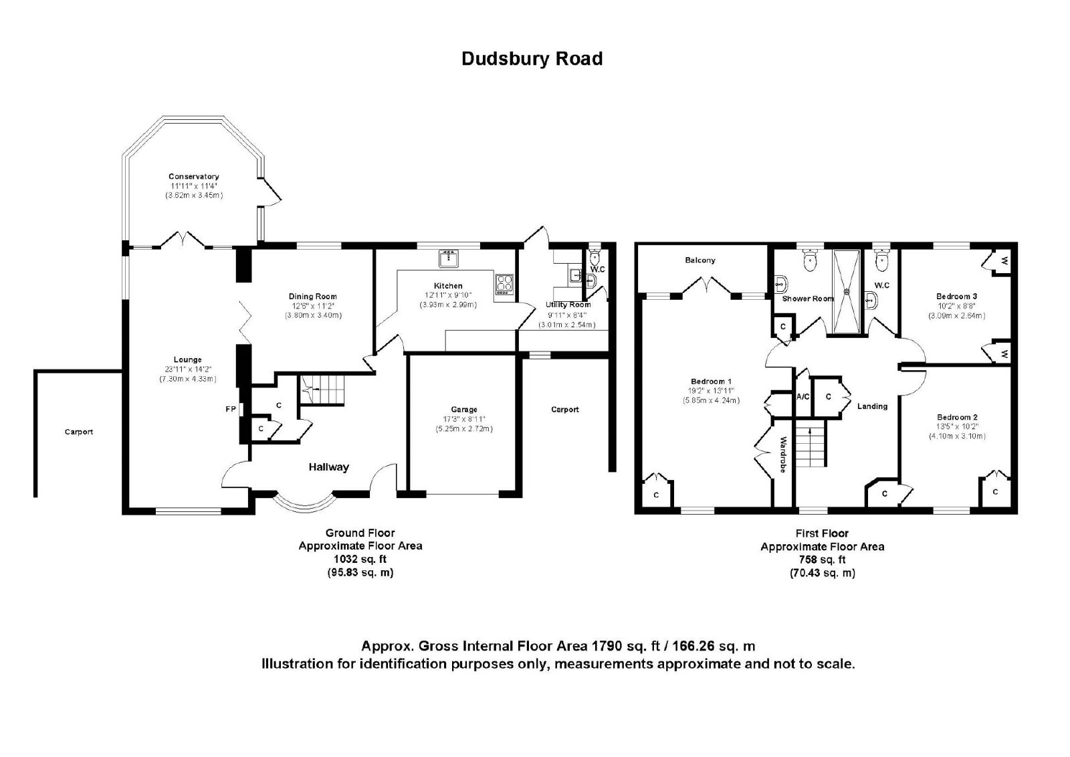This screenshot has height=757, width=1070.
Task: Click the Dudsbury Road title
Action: click(x=532, y=59)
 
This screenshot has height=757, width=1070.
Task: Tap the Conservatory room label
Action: click(x=193, y=177)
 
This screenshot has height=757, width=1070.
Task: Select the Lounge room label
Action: click(x=187, y=359)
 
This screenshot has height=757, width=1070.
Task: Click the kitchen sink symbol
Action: click(x=449, y=258)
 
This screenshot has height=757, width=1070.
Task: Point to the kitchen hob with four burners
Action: click(x=504, y=284)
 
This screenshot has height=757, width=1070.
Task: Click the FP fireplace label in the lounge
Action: click(x=231, y=409)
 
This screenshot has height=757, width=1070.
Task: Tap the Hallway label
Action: click(x=328, y=467)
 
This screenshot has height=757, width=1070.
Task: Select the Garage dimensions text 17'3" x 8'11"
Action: click(x=464, y=419)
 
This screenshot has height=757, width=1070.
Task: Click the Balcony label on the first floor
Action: click(x=700, y=260)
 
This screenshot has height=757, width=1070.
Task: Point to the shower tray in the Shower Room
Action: click(x=847, y=292)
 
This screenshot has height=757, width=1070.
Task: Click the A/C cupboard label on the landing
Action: click(x=803, y=396)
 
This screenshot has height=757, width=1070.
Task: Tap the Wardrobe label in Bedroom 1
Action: click(x=783, y=454)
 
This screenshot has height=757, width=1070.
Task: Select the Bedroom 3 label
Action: click(x=956, y=297)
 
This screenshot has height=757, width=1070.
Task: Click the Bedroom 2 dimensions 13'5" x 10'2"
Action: click(x=957, y=426)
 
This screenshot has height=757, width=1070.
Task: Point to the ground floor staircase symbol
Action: click(x=322, y=390)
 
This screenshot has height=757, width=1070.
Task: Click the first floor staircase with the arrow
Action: click(x=810, y=443)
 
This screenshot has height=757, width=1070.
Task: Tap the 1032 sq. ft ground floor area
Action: click(x=360, y=559)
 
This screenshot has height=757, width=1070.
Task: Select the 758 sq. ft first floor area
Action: click(x=822, y=560)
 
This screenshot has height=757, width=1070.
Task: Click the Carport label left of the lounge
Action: click(x=79, y=432)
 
